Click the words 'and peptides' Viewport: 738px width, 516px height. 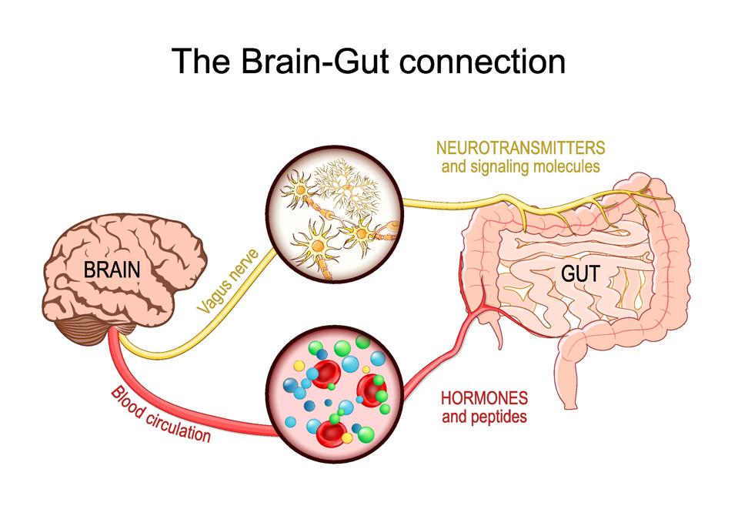483,418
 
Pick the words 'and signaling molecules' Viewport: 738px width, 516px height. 519,166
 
